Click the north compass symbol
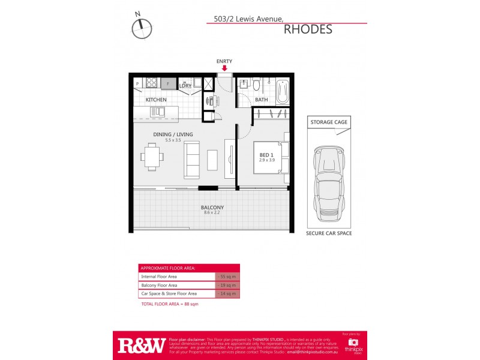coord(142,28)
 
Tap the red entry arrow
coord(224,68)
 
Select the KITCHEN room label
coord(156,100)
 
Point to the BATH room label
coord(261,100)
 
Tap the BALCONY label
coord(213,207)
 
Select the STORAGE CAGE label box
coord(328,122)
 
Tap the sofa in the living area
coord(192,160)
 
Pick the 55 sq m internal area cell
coord(227,277)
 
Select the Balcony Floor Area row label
coord(159,285)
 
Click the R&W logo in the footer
coord(142,345)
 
